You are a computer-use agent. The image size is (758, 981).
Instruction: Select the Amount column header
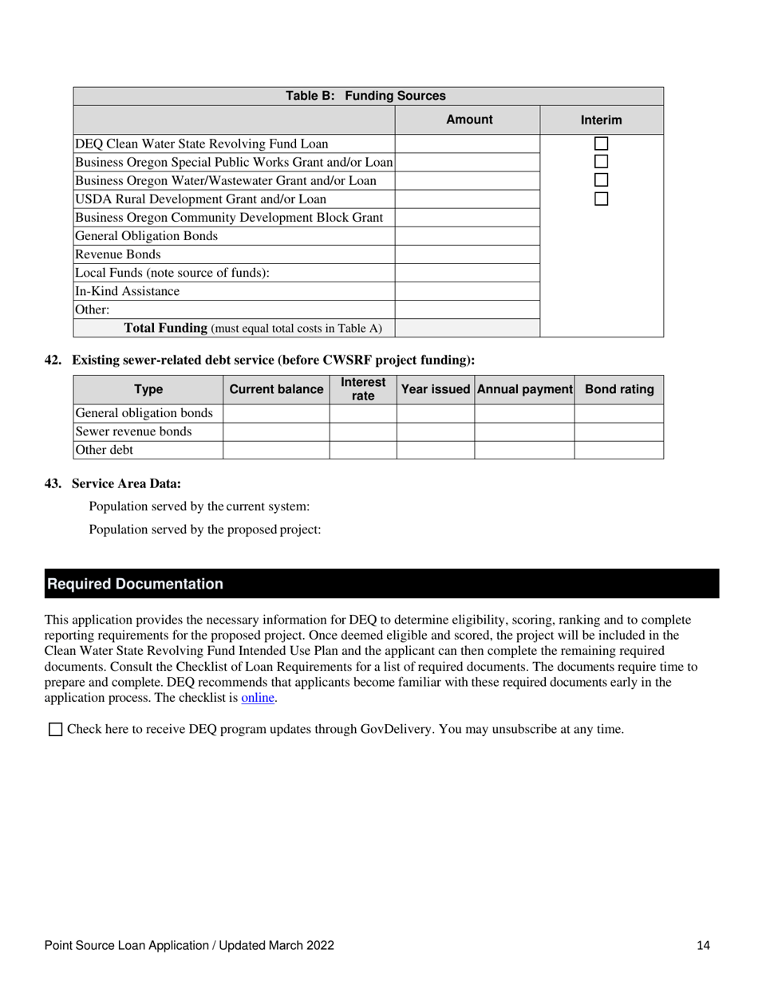(x=468, y=120)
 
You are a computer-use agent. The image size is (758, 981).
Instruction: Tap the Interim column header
(x=601, y=120)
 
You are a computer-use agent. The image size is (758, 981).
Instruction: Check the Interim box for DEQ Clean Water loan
(x=602, y=144)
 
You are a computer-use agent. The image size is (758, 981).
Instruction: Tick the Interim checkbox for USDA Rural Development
(x=602, y=199)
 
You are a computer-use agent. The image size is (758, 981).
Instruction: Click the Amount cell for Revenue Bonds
(x=468, y=254)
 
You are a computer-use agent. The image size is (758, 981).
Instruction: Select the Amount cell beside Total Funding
(x=468, y=328)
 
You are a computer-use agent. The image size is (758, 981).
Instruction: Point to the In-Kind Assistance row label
(x=127, y=291)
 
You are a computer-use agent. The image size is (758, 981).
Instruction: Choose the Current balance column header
(x=276, y=390)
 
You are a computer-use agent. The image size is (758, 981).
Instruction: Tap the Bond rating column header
(x=619, y=390)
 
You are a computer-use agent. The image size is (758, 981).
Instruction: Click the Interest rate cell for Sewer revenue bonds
(x=363, y=431)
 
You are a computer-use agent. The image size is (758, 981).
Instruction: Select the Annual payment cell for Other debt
(x=524, y=450)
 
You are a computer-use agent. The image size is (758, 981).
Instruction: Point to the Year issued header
(x=436, y=390)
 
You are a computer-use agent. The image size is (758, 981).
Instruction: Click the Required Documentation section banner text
(x=136, y=584)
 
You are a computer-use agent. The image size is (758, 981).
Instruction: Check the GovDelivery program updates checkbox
(x=55, y=729)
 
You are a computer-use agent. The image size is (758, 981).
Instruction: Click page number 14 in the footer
(x=703, y=946)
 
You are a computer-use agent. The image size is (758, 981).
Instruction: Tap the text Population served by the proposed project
(x=205, y=530)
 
